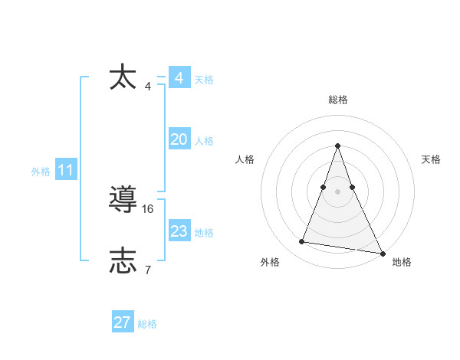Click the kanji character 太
123,78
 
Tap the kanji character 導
123,200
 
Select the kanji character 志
123,261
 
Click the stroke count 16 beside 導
148,208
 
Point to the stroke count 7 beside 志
147,270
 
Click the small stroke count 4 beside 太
147,86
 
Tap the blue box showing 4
179,78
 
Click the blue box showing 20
179,139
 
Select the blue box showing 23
179,231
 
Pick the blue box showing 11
66,171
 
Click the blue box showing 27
123,322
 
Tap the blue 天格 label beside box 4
204,80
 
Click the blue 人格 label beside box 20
204,141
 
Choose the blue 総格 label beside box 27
147,324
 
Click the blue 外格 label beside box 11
41,172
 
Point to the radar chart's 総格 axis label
338,100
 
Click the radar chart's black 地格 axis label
402,262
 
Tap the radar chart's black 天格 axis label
432,159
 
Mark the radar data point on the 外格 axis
302,242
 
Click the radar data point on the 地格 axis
382,252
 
